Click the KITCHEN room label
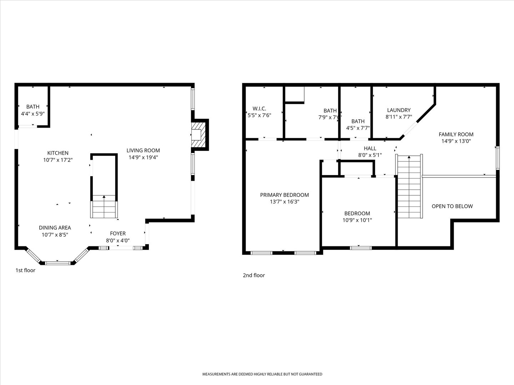pos(58,153)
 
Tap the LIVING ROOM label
pos(143,150)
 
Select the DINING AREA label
pos(55,228)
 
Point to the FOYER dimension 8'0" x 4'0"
pos(118,241)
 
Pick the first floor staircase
pos(104,207)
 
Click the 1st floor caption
pos(25,270)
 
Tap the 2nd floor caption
pos(254,275)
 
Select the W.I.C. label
pos(259,109)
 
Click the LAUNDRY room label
pos(399,110)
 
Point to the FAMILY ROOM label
pos(456,134)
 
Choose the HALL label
pos(370,148)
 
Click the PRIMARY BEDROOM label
pos(284,195)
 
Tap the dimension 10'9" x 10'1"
pos(357,220)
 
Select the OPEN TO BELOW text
pos(452,206)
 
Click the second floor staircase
pos(409,186)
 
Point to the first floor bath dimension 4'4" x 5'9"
pos(33,114)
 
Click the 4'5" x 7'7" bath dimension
pos(358,128)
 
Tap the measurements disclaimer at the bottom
pos(262,374)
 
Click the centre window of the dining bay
pos(57,263)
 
